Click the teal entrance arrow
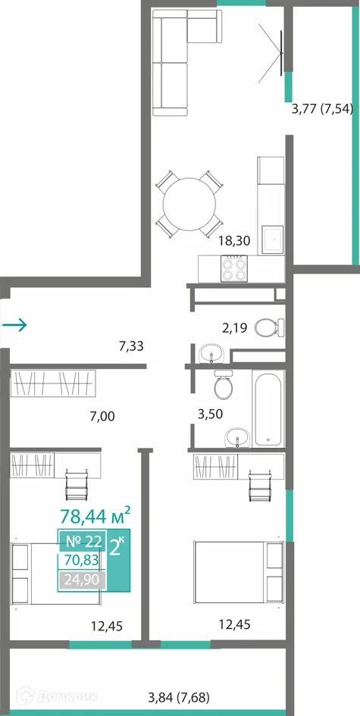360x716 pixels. (x=14, y=325)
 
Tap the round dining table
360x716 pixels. (x=189, y=204)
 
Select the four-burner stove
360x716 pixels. (x=234, y=268)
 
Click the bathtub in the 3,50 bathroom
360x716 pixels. (x=268, y=408)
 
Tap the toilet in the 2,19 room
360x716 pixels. (x=270, y=327)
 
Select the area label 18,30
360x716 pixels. (x=234, y=241)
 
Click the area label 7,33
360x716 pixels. (x=131, y=346)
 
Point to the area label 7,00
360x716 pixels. (x=102, y=416)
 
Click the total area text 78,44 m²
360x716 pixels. (x=95, y=517)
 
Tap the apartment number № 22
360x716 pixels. (x=83, y=541)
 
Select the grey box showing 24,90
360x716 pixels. (x=82, y=580)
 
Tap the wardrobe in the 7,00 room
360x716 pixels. (x=53, y=383)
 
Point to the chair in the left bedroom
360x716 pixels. (x=76, y=485)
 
